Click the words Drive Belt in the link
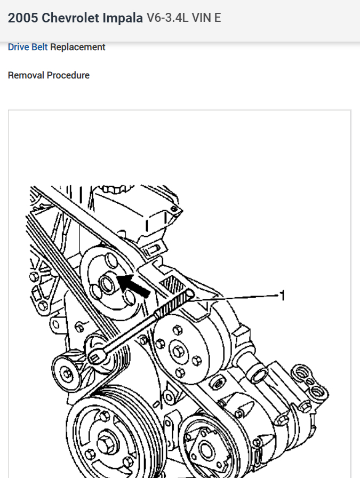point(28,47)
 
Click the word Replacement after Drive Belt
point(78,47)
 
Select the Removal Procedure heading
point(49,75)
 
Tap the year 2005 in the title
point(22,18)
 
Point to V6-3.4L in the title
point(166,18)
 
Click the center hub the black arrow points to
point(106,283)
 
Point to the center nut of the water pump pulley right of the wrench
point(177,350)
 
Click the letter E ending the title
point(217,18)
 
